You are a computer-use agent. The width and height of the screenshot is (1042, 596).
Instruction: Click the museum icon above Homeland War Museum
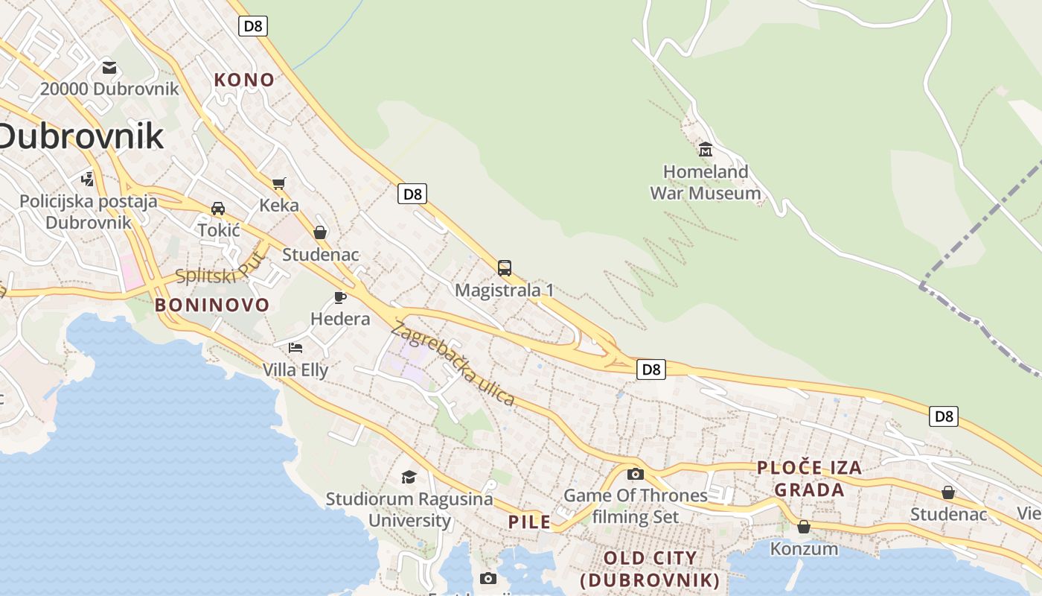(x=705, y=149)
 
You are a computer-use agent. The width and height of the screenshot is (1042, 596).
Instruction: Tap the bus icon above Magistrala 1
(x=505, y=268)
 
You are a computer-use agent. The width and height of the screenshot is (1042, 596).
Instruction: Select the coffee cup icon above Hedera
(x=340, y=298)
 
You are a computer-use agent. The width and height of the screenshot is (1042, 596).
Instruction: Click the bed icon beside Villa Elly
(x=295, y=347)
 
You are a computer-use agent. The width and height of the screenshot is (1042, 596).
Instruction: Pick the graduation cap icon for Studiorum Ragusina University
(x=409, y=477)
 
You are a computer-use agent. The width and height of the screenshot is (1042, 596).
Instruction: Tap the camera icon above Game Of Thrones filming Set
(x=636, y=474)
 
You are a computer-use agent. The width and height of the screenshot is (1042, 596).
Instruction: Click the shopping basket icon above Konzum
(x=804, y=527)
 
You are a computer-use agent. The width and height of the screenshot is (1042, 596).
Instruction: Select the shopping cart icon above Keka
(x=279, y=183)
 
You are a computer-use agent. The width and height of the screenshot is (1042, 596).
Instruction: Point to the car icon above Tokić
(x=218, y=209)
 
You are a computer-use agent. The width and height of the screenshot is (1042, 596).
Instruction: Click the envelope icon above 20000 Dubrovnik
(x=109, y=68)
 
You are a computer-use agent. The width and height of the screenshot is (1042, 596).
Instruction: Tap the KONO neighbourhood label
(x=244, y=80)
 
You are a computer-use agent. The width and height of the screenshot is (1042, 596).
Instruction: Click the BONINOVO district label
(x=212, y=305)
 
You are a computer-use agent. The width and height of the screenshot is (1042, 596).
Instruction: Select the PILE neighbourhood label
(x=530, y=521)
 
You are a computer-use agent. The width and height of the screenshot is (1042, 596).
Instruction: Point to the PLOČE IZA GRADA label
(x=810, y=478)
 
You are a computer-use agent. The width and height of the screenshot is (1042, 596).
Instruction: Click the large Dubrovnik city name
(x=80, y=136)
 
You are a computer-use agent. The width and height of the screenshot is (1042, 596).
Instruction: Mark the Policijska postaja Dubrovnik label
(x=89, y=212)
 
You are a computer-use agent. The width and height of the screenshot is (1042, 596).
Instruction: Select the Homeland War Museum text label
(x=706, y=183)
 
